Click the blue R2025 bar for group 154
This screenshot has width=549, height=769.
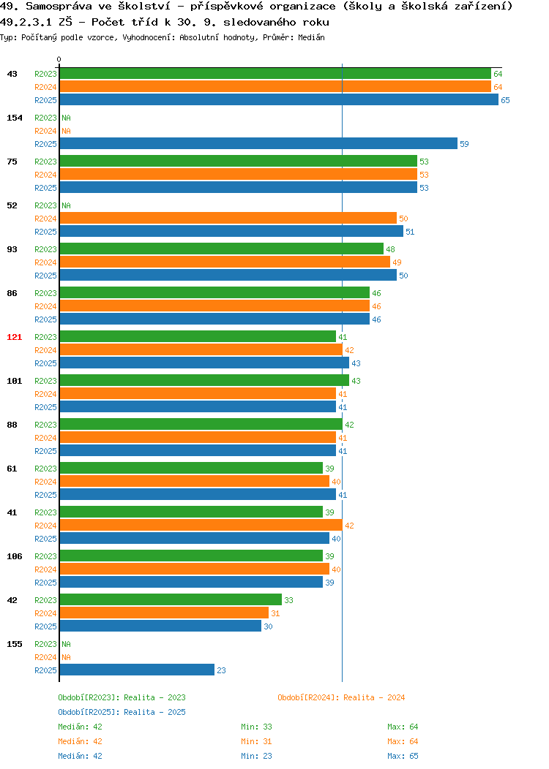pos(259,144)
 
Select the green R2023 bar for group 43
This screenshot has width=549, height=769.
pos(275,74)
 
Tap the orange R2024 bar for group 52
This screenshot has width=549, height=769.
pos(228,219)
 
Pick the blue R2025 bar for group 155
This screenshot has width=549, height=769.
pos(137,670)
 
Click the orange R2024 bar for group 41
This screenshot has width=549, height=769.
pos(201,526)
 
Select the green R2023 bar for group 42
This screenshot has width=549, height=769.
pos(171,600)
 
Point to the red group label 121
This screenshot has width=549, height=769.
pos(14,337)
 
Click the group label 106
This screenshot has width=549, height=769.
pos(14,556)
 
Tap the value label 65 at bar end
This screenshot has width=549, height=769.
pos(505,100)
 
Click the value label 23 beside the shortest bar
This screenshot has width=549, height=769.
pos(222,670)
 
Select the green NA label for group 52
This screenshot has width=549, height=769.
pos(67,205)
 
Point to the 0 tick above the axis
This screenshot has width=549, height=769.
pos(59,60)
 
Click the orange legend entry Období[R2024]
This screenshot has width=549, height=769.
pos(341,697)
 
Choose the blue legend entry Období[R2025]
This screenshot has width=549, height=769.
pos(122,712)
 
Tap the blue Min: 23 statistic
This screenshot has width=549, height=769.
pos(256,756)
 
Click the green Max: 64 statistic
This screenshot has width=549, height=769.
pos(403,727)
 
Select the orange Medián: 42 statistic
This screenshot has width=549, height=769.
pos(80,741)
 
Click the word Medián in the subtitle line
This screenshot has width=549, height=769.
pos(311,37)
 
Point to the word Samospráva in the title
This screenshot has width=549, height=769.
pos(59,7)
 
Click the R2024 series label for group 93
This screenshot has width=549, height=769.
pos(45,262)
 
